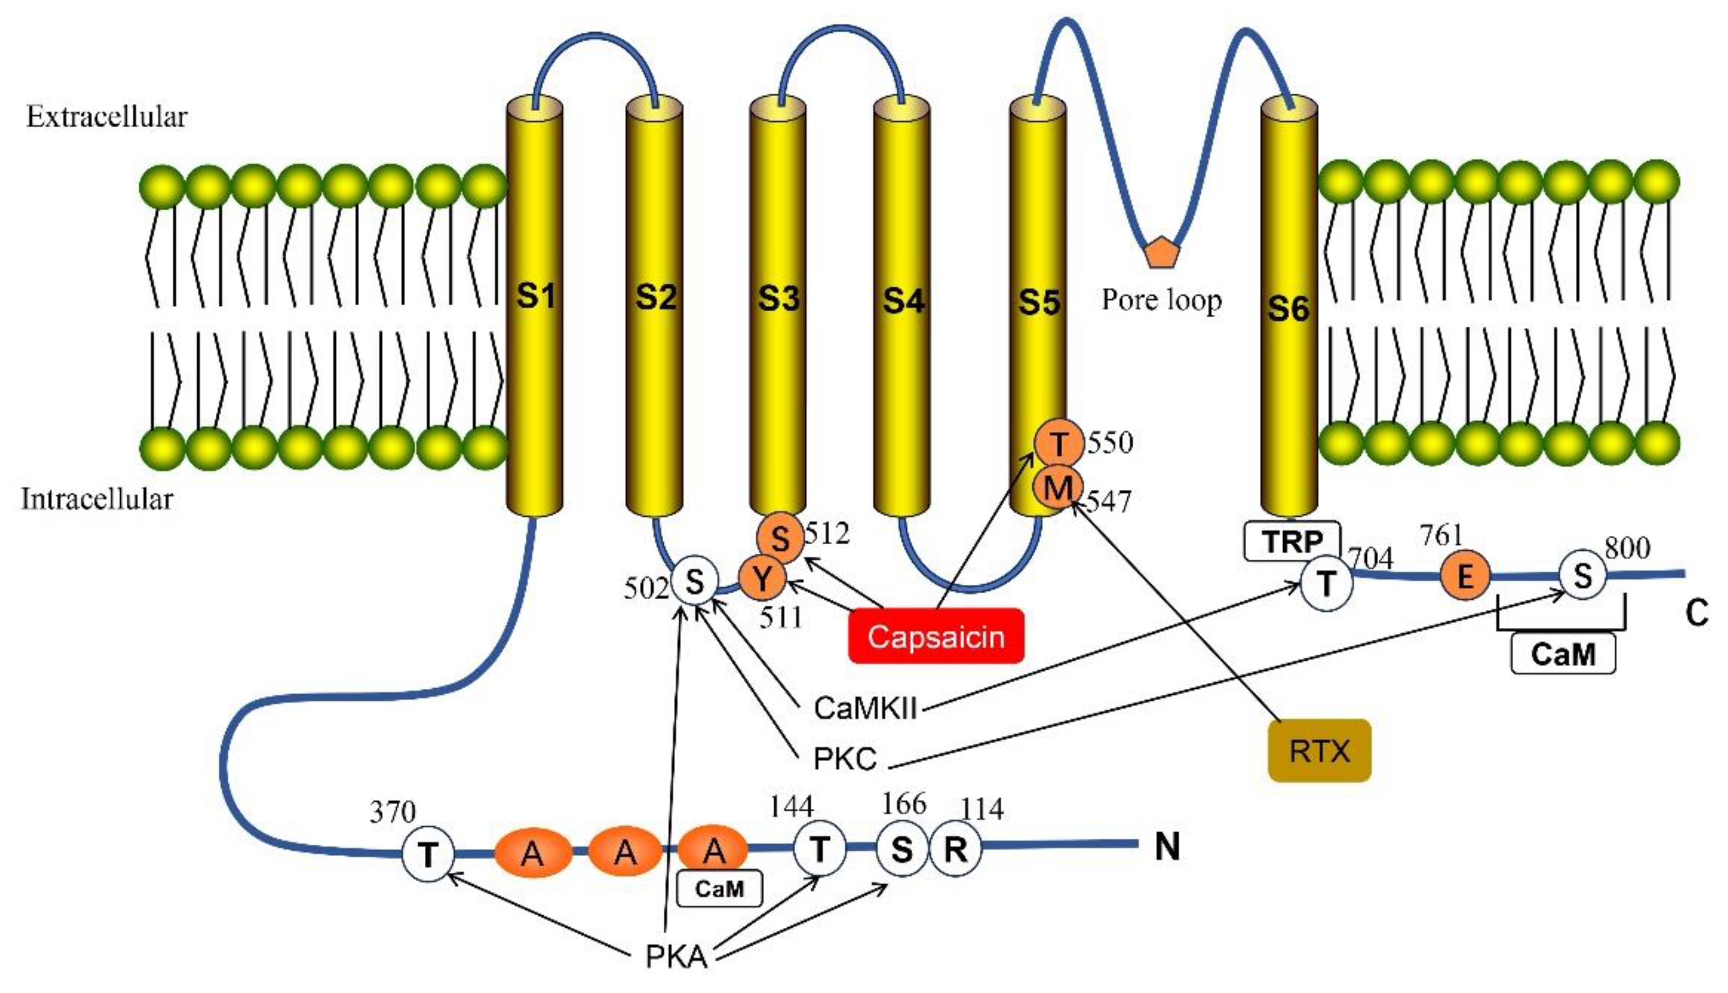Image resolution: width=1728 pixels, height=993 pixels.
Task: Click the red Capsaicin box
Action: pyautogui.click(x=935, y=635)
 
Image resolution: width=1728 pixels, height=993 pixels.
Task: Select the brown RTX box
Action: pyautogui.click(x=1319, y=751)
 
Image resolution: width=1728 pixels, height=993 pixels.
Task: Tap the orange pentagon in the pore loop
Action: pyautogui.click(x=1160, y=252)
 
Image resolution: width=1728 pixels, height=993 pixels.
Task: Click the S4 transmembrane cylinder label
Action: pyautogui.click(x=903, y=300)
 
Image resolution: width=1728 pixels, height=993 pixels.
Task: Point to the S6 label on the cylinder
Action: pyautogui.click(x=1288, y=309)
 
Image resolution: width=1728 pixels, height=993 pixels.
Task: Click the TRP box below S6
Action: pyautogui.click(x=1292, y=542)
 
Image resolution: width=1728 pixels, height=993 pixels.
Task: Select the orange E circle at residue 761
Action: pyautogui.click(x=1464, y=576)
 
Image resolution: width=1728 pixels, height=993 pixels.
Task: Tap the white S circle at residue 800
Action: pyautogui.click(x=1582, y=576)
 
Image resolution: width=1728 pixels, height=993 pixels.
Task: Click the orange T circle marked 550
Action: pyautogui.click(x=1058, y=444)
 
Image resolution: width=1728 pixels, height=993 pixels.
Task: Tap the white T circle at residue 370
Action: pyautogui.click(x=428, y=853)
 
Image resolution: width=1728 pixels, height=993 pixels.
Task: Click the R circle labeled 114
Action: pyautogui.click(x=955, y=849)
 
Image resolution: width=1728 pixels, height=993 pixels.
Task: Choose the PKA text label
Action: pyautogui.click(x=676, y=957)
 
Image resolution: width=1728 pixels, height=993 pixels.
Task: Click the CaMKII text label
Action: pyautogui.click(x=865, y=709)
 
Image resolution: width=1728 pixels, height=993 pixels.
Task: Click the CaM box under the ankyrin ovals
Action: pyautogui.click(x=719, y=889)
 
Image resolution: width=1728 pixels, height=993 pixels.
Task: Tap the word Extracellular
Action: pyautogui.click(x=106, y=117)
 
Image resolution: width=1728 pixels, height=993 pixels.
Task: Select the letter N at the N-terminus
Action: pyautogui.click(x=1167, y=847)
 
